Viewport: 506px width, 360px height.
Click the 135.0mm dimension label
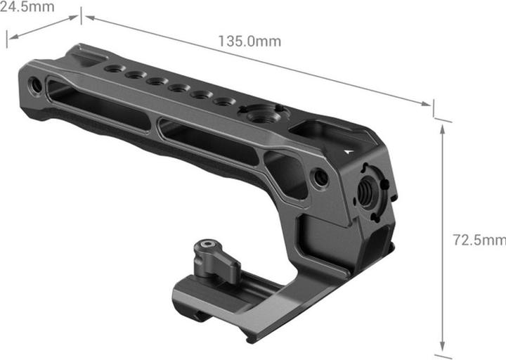point(249,41)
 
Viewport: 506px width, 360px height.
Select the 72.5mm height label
point(479,240)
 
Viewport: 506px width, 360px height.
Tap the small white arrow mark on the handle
point(349,149)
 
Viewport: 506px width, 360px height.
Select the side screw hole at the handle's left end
point(36,86)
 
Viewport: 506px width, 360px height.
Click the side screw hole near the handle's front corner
point(321,177)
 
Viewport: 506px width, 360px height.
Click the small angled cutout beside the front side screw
point(289,172)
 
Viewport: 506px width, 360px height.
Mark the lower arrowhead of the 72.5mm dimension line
point(443,347)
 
